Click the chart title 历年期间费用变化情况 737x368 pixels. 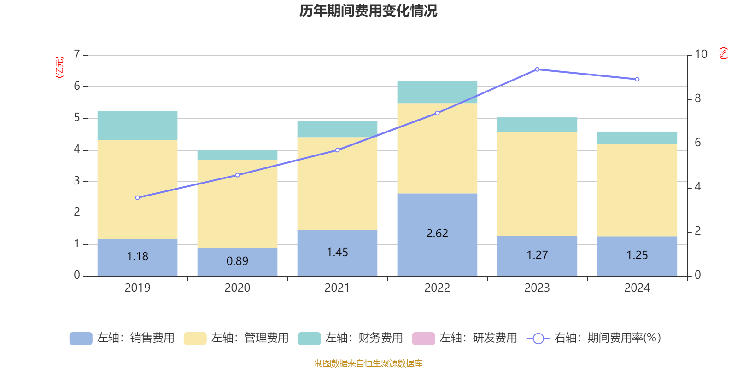point(368,11)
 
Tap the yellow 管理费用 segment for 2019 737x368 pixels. point(137,189)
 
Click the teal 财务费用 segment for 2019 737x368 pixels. point(137,125)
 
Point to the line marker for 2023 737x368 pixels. point(537,69)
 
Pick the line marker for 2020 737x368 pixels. point(237,175)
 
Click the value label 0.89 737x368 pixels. point(237,261)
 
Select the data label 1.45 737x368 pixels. point(337,253)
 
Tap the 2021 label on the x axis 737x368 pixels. point(337,288)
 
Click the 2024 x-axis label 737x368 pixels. point(637,288)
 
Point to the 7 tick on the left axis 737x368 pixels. point(77,55)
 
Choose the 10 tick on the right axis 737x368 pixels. point(701,54)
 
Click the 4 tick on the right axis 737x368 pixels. point(697,186)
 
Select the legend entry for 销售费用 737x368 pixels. point(122,338)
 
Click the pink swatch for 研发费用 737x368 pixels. point(423,338)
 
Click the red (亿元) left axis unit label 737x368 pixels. point(59,67)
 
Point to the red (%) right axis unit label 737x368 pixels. point(723,53)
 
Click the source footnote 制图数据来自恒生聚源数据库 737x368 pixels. point(368,363)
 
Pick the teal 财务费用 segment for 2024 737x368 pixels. point(637,138)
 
